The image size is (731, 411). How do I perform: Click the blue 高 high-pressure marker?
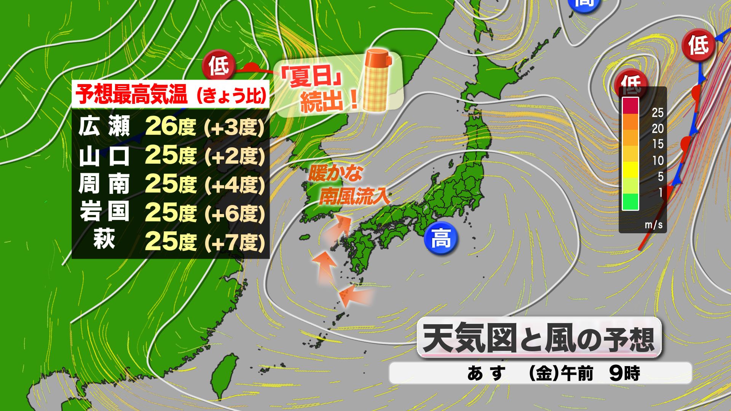tap(441, 239)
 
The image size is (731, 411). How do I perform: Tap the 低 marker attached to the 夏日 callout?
tap(218, 66)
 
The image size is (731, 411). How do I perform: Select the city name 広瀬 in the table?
tap(104, 126)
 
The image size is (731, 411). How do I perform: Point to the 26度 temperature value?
tap(170, 126)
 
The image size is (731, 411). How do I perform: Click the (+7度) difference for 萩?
tap(234, 242)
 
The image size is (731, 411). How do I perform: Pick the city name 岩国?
tap(104, 212)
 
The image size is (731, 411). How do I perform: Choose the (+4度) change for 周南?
tap(234, 185)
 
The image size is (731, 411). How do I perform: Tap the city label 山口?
tap(104, 156)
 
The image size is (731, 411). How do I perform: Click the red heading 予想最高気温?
tap(132, 94)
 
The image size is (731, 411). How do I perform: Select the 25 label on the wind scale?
tap(658, 113)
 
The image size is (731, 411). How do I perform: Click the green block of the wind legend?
tap(630, 202)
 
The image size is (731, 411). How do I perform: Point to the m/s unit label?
tap(654, 225)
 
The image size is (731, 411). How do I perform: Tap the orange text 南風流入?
tap(354, 197)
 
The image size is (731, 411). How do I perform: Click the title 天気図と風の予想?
tap(538, 338)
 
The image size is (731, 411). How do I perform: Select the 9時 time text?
tap(625, 373)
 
